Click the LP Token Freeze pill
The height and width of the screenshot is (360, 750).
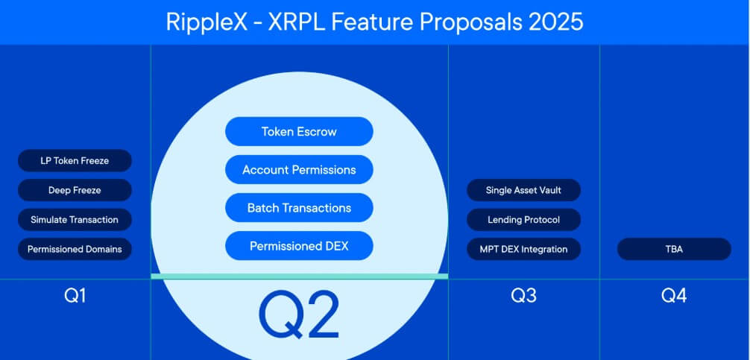click(x=75, y=160)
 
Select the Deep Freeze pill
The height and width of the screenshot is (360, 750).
click(x=75, y=190)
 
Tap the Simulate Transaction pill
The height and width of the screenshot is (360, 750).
click(x=75, y=220)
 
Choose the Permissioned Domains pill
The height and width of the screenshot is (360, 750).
click(x=75, y=249)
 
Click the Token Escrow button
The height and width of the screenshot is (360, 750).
click(x=299, y=131)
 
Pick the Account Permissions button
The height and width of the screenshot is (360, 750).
click(x=299, y=170)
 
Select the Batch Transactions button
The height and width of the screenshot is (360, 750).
click(x=299, y=208)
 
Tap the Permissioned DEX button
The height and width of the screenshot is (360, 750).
click(x=299, y=246)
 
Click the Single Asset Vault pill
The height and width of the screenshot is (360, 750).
click(x=523, y=190)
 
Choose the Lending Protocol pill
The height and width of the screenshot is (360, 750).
click(x=523, y=220)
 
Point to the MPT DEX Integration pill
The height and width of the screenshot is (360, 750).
click(x=523, y=249)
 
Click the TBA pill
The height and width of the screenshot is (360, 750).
click(x=674, y=249)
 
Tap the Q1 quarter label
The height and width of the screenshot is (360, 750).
click(x=75, y=296)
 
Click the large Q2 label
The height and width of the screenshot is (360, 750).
click(x=299, y=314)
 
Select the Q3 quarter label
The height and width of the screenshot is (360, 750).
click(x=523, y=296)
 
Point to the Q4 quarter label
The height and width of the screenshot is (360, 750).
click(x=674, y=296)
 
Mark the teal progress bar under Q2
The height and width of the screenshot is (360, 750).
click(x=299, y=277)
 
